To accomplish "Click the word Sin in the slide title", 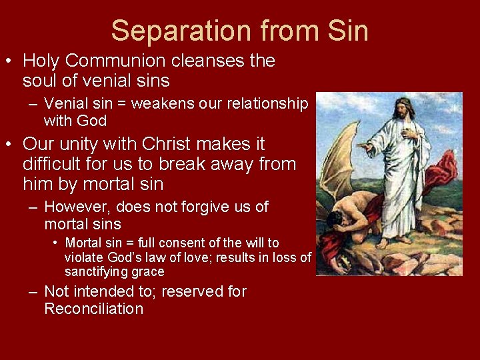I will click(348, 31).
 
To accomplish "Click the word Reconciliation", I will click(93, 309).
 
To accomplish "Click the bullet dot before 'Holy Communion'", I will click(9, 61).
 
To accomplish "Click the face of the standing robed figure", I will click(403, 109).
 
